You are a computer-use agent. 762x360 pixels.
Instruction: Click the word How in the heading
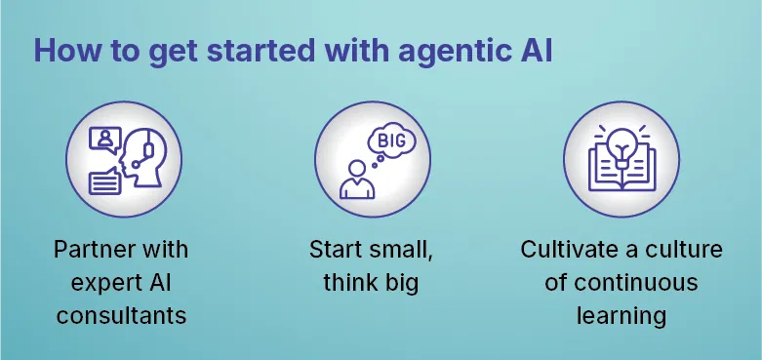tap(64, 51)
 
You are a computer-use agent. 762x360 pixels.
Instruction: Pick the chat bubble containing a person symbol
tap(103, 140)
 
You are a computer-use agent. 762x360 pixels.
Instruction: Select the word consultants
tap(121, 316)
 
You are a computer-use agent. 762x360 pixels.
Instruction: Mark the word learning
tap(622, 316)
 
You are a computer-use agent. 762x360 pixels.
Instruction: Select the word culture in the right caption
tap(684, 250)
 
